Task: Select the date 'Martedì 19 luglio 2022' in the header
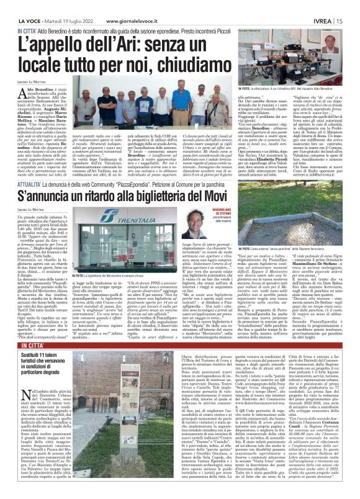(60, 4)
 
